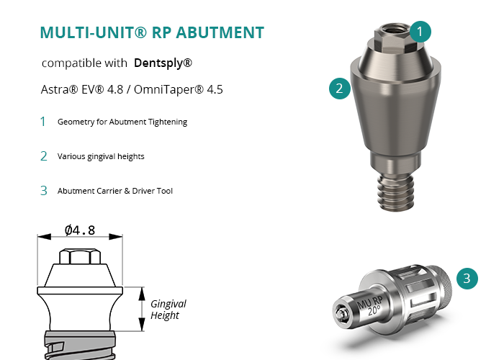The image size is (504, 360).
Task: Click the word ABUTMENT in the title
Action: point(220,33)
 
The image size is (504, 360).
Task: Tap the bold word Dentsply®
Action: point(163,63)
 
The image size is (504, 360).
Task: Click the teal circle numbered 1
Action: point(420,32)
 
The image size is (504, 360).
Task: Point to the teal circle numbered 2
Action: point(340,89)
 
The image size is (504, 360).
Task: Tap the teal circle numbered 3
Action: point(467,279)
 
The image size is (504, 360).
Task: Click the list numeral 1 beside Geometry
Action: point(42,122)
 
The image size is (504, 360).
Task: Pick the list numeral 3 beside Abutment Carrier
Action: point(44,191)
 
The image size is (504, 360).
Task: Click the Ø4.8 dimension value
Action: point(80,230)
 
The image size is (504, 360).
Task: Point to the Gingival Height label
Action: point(168,310)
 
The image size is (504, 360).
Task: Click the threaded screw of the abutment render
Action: point(395,192)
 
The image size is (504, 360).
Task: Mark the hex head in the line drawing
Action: point(80,256)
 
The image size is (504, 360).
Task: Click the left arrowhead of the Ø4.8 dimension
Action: point(44,237)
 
